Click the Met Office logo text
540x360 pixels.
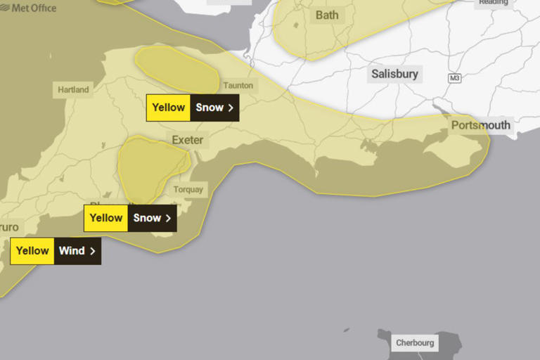33,7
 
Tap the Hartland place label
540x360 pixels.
73,89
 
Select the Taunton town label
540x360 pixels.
238,85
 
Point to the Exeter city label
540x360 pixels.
187,140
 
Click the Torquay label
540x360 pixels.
188,189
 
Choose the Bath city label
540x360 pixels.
326,15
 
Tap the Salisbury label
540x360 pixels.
394,74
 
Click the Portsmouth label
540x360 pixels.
481,125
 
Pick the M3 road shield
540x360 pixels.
454,77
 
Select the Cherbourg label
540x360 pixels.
415,343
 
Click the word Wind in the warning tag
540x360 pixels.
71,251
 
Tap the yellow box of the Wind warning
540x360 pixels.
32,251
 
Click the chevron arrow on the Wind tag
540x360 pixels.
93,251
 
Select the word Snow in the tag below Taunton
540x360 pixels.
209,108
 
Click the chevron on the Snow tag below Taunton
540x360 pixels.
231,108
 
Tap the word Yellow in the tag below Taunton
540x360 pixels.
169,108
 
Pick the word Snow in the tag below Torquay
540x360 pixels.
147,218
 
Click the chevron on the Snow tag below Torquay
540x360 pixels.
168,218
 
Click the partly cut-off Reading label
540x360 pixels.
493,3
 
